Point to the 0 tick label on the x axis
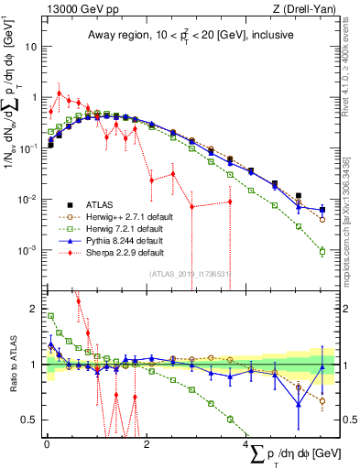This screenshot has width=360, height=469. [47, 443]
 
